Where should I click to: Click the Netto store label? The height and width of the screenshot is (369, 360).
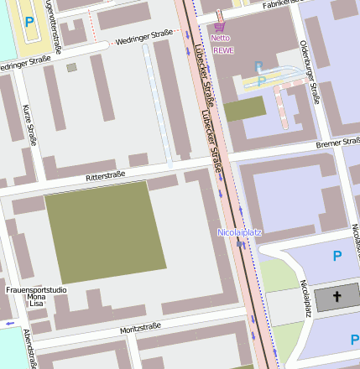tap(220, 38)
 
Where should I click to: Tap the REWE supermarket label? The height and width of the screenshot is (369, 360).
tap(224, 50)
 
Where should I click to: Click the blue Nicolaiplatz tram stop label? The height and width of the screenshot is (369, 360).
tap(239, 231)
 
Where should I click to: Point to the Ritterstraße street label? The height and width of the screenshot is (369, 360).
tap(105, 177)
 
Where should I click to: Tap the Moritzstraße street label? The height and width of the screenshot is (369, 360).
tap(139, 328)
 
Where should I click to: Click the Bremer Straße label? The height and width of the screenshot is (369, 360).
tap(337, 143)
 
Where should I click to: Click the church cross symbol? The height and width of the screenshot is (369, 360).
tap(337, 297)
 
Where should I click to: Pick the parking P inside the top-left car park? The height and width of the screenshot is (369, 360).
tap(30, 22)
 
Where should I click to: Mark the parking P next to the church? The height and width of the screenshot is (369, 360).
tap(337, 257)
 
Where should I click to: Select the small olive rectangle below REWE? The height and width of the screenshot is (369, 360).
tap(244, 110)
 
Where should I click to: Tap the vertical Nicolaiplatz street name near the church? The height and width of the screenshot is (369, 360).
tap(305, 299)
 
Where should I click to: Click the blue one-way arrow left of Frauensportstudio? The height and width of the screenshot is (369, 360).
tap(10, 323)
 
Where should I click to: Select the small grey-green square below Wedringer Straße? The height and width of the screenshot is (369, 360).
tap(72, 67)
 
